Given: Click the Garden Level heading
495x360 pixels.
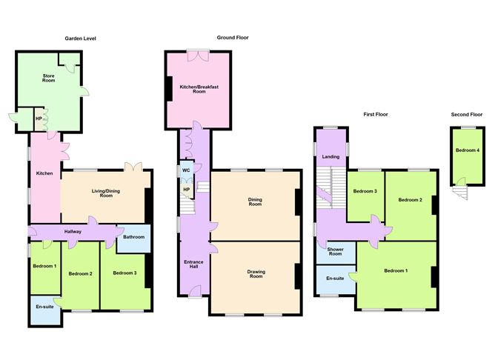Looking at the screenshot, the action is pos(80,39).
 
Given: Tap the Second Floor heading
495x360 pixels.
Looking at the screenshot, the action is pos(467,115).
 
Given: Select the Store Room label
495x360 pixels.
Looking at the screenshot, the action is pos(49,79).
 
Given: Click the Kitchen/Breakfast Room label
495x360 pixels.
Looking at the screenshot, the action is pos(199,89).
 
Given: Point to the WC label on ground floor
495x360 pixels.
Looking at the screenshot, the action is pos(186,170).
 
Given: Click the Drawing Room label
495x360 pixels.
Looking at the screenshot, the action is pos(256,274).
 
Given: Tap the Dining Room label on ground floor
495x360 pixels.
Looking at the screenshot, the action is pos(255,201).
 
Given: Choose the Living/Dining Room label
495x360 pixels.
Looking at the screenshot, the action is pos(106,193).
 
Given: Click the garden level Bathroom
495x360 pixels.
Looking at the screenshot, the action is pos(134,236).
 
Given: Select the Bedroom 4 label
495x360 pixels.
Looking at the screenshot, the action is pos(468,150).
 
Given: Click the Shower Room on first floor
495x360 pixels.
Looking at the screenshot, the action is pos(335,251).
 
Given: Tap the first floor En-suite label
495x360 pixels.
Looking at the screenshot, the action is pos(335,279).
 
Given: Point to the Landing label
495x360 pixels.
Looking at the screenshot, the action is pos(330,156).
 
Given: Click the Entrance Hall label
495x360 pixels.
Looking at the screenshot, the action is pos(193,264).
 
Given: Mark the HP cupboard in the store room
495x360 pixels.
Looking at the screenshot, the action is pos(39,119).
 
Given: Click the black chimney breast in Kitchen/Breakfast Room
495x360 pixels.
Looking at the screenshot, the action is pos(169,89).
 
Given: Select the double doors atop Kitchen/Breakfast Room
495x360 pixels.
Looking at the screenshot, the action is pos(199,55).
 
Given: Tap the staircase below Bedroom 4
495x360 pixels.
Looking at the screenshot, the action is pos(460,192).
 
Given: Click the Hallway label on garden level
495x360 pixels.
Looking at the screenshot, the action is pos(73,231).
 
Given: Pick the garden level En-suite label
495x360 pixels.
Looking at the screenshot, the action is pos(44,307).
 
